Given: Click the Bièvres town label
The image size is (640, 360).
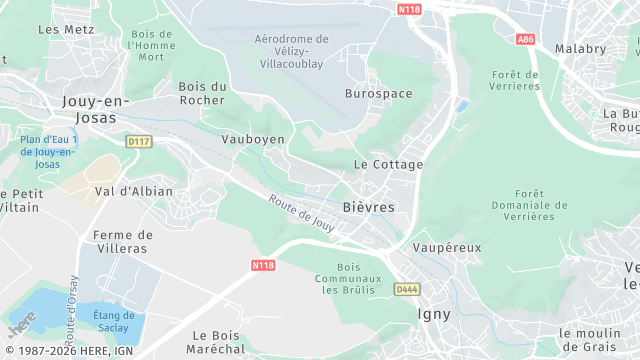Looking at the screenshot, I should click(368, 206).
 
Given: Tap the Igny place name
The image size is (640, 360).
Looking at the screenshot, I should click(433, 314).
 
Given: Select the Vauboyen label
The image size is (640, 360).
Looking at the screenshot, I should click(253, 139).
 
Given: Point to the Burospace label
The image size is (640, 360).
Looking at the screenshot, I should click(378, 93).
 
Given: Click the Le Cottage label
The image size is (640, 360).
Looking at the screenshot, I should click(389, 164).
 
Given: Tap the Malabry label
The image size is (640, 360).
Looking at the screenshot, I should click(581, 48).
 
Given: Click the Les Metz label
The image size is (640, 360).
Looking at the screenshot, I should click(59, 29).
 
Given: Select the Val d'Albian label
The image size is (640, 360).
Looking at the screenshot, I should click(133, 191).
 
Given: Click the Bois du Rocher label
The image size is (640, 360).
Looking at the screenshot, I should click(202, 93).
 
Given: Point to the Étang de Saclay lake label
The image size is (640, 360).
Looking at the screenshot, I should click(113, 322).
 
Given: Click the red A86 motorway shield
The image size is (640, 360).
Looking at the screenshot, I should click(526, 39).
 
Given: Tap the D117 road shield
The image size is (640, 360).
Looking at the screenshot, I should click(137, 143).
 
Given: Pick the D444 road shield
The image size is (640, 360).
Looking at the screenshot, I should click(405, 289).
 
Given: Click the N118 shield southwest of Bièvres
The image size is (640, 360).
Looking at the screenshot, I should click(262, 265).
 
